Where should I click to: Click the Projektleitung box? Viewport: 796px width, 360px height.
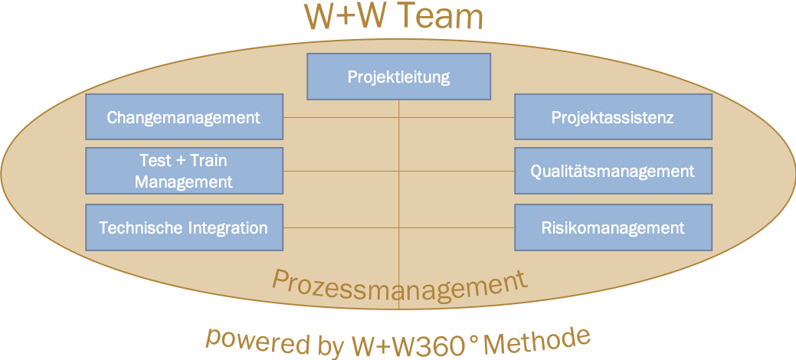(398, 77)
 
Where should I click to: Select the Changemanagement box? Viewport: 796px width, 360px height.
(185, 116)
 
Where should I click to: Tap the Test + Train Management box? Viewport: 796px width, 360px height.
(185, 171)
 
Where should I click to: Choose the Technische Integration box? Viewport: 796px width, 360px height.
(185, 227)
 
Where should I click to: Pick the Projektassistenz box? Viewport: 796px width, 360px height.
(613, 116)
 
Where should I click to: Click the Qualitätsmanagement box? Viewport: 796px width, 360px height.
(613, 171)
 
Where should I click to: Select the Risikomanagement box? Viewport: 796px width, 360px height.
(613, 227)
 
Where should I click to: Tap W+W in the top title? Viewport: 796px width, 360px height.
(346, 16)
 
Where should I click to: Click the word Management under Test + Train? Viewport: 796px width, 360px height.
(184, 182)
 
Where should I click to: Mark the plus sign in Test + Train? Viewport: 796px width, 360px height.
(182, 161)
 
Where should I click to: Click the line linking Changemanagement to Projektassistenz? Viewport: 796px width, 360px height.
(398, 117)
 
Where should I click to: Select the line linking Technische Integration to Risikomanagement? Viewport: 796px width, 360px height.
(398, 228)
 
